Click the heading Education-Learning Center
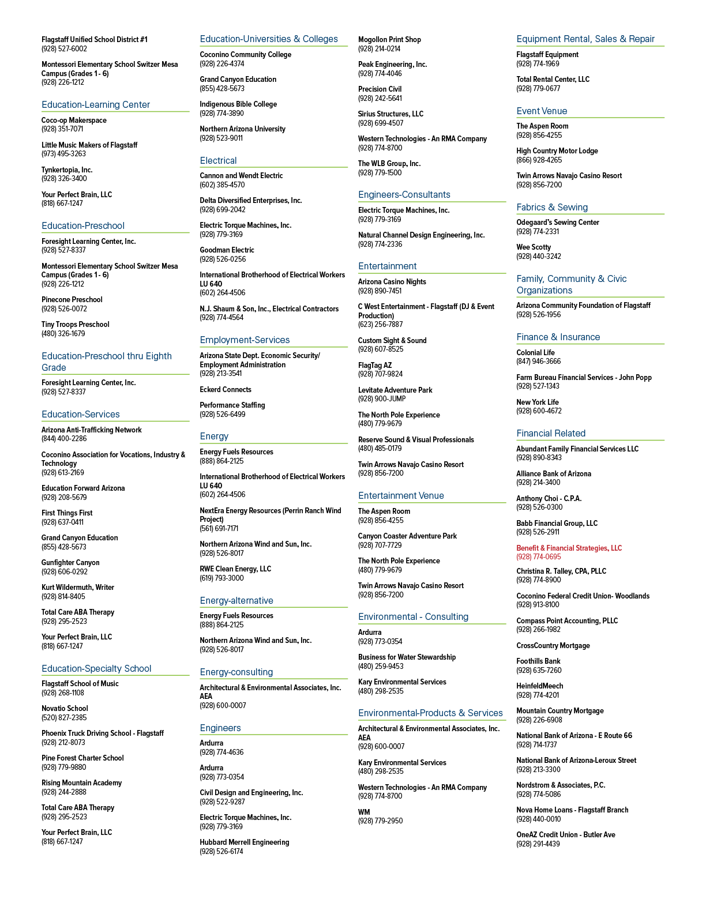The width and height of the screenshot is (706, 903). coord(96,105)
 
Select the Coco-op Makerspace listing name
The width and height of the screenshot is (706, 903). coord(74,120)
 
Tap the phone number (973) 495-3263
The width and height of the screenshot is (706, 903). coord(63,154)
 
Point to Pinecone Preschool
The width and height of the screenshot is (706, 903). coord(72,300)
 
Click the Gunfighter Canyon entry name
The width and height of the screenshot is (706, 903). coord(70,563)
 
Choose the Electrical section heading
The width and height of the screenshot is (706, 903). coord(218,160)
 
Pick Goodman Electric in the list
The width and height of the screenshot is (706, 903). coord(227,250)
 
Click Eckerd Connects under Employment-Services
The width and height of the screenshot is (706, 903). coord(226,389)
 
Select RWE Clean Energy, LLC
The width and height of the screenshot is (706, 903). coord(235,569)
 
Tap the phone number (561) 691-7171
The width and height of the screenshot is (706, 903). coord(219,529)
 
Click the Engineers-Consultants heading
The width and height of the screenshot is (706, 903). coord(404,194)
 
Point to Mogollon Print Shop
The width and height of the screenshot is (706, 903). coord(390,39)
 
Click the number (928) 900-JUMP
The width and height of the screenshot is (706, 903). coord(382,398)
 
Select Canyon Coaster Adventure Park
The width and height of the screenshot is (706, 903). coord(407,536)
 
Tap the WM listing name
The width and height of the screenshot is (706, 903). coord(364,812)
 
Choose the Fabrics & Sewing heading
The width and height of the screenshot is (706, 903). coord(552,208)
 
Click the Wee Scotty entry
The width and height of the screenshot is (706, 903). coord(534,247)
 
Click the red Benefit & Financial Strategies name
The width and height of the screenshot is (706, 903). coord(569,548)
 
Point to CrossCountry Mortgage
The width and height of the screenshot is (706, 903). coord(553,645)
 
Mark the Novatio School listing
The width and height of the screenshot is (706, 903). coord(65,709)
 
